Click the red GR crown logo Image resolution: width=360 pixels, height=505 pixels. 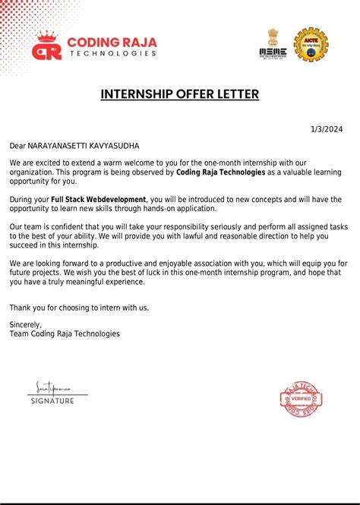click(x=47, y=47)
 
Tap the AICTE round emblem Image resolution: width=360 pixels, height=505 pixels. click(x=311, y=45)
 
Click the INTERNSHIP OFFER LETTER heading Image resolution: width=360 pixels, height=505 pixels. click(x=180, y=94)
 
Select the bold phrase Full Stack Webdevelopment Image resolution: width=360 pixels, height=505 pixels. click(x=98, y=199)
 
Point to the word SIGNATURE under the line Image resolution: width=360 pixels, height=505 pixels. click(x=52, y=400)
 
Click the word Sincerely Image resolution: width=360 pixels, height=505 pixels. click(x=26, y=324)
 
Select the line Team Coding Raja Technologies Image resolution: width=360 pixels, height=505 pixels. click(x=65, y=333)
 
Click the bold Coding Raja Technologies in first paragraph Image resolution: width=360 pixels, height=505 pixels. click(x=220, y=172)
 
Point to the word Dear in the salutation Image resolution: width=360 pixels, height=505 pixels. click(x=17, y=145)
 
